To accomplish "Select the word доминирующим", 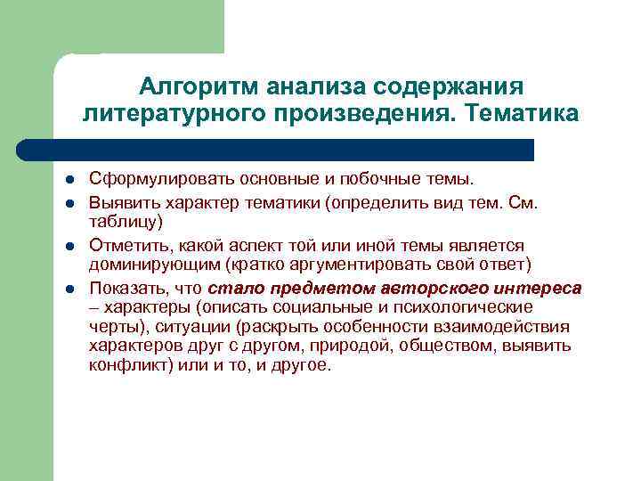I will (152, 266).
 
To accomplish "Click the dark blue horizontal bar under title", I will (276, 150).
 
